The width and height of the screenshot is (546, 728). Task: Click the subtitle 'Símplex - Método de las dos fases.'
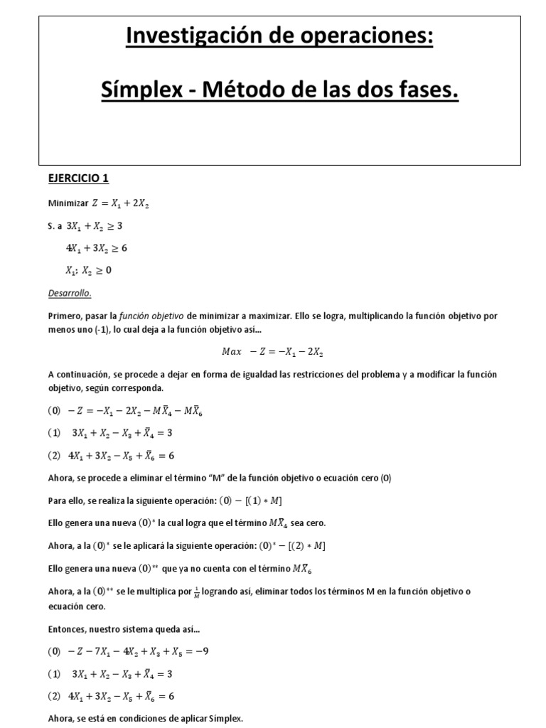click(279, 90)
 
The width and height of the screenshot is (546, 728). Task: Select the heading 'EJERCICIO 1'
click(78, 179)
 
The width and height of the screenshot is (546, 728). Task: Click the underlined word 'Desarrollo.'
click(70, 293)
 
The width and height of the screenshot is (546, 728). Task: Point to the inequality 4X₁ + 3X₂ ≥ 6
click(97, 248)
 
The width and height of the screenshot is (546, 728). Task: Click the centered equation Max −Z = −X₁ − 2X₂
click(273, 351)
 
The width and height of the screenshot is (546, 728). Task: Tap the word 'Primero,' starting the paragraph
click(65, 316)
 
